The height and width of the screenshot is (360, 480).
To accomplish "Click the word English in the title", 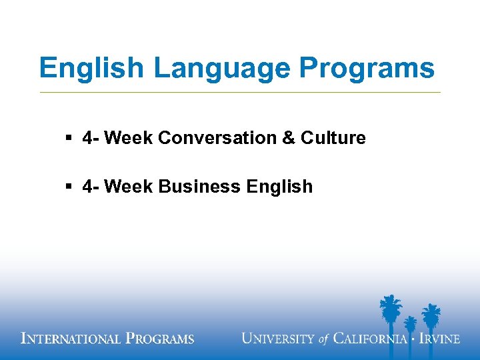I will pyautogui.click(x=90, y=69).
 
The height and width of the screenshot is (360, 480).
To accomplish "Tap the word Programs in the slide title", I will pyautogui.click(x=367, y=69).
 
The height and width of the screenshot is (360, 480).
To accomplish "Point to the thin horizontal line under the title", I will pyautogui.click(x=240, y=92).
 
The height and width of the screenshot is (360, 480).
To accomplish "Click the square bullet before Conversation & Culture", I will pyautogui.click(x=69, y=138).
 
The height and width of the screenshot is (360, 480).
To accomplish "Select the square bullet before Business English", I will pyautogui.click(x=69, y=187).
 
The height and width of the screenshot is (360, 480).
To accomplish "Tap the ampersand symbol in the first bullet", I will pyautogui.click(x=289, y=138).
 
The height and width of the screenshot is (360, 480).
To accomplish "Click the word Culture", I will pyautogui.click(x=333, y=138).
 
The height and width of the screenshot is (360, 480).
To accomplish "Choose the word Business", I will pyautogui.click(x=199, y=187).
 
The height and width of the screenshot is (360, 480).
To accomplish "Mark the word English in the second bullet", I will pyautogui.click(x=279, y=187).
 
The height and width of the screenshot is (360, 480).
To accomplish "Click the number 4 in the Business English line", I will pyautogui.click(x=87, y=187).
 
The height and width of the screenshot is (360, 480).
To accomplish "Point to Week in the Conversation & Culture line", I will pyautogui.click(x=129, y=138).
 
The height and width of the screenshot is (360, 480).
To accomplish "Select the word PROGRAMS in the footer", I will pyautogui.click(x=160, y=339).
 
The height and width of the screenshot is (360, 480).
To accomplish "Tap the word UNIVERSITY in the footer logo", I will pyautogui.click(x=278, y=339).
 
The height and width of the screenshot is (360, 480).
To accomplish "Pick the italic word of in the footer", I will pyautogui.click(x=324, y=339).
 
